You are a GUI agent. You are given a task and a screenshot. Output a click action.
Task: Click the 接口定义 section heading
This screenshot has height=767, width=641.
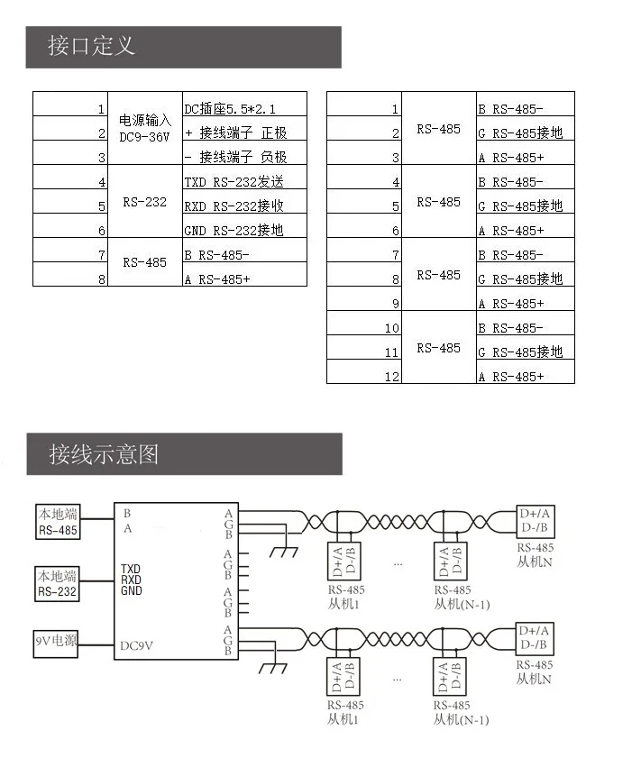coord(92,46)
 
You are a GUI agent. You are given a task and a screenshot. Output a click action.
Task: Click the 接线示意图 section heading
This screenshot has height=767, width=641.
coord(105,453)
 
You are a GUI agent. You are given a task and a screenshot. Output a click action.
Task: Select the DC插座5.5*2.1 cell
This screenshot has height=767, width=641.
coord(231,109)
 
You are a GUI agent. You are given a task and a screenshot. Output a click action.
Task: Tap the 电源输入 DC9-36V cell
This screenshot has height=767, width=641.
coord(144,128)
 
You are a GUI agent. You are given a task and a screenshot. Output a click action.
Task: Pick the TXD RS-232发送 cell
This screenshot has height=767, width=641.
coord(234,182)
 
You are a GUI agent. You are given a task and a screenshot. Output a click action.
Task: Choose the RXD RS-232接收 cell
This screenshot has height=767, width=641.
coord(234,206)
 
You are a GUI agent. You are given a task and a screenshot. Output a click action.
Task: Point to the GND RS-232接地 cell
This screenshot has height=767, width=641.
coord(234,231)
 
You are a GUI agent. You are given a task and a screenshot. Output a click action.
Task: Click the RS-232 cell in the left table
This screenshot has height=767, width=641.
coord(144,202)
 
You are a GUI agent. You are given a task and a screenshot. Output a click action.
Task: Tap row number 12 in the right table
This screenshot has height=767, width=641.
coord(391,377)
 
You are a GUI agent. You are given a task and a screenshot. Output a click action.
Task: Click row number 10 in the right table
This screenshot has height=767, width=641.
coord(391,328)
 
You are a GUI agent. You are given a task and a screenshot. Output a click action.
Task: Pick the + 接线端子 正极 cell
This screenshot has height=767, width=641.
coord(235,133)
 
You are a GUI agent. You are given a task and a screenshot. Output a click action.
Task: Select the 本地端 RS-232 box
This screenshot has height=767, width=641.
coord(58,584)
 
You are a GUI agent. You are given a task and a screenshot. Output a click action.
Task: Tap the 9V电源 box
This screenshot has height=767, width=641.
coord(56,643)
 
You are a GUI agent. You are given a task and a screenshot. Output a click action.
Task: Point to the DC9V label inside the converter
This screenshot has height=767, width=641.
coord(137,645)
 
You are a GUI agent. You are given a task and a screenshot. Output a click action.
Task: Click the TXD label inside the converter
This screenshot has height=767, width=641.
coord(131,570)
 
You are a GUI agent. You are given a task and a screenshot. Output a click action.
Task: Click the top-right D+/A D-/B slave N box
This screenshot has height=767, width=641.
coord(535,521)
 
